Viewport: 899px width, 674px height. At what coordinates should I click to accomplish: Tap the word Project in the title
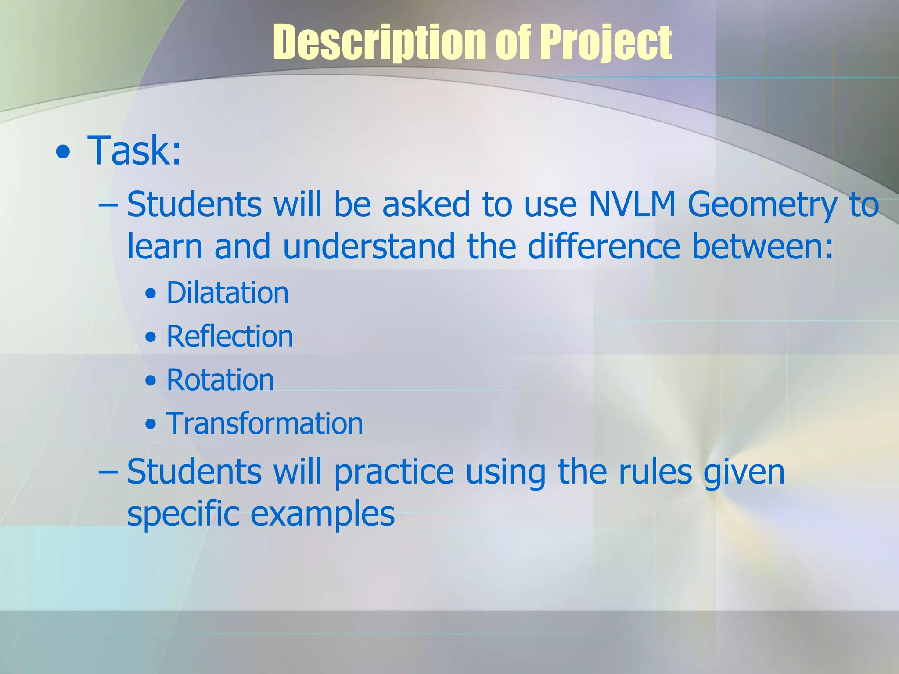pyautogui.click(x=605, y=43)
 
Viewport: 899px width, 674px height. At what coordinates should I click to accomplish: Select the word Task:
pyautogui.click(x=134, y=151)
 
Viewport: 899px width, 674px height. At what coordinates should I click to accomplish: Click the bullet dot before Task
pyautogui.click(x=63, y=152)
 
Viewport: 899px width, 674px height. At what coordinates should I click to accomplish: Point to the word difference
pyautogui.click(x=604, y=246)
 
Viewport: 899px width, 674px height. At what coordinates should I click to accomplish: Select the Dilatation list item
pyautogui.click(x=227, y=293)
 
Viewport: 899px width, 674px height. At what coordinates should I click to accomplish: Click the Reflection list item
pyautogui.click(x=230, y=337)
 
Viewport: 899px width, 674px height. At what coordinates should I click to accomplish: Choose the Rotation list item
pyautogui.click(x=220, y=380)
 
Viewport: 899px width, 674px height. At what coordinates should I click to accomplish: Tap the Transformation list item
pyautogui.click(x=265, y=423)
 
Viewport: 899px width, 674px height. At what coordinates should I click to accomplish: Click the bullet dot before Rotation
pyautogui.click(x=151, y=381)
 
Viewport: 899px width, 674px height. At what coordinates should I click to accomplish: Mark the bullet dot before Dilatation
pyautogui.click(x=151, y=294)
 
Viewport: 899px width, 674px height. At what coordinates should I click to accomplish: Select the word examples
pyautogui.click(x=322, y=514)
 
